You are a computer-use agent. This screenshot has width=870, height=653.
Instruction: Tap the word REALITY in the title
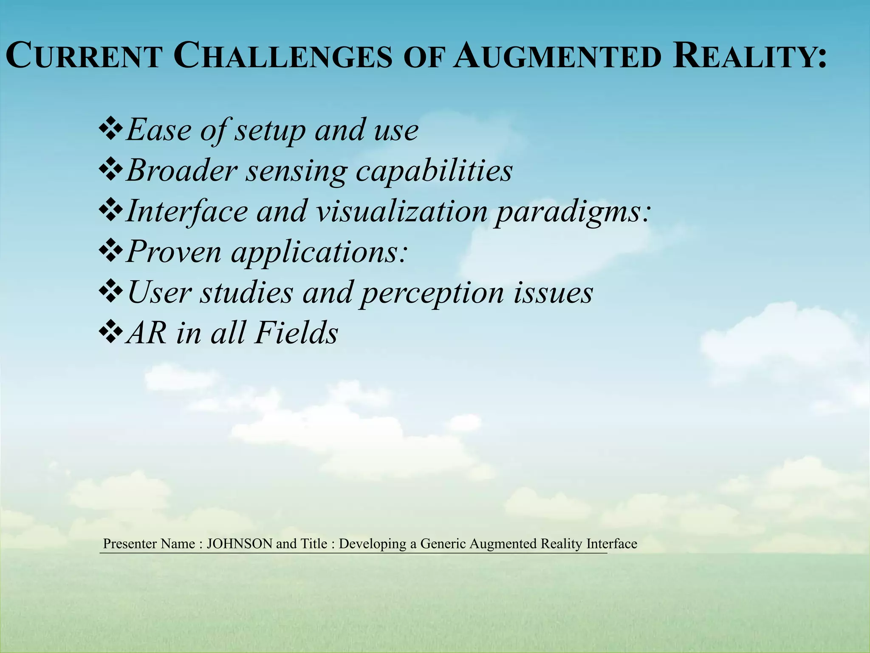coord(750,57)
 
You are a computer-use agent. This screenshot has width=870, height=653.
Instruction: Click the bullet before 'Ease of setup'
coord(110,130)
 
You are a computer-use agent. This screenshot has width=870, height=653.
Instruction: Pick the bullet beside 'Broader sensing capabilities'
coord(110,170)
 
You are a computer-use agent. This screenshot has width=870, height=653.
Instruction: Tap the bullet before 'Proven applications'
coord(110,251)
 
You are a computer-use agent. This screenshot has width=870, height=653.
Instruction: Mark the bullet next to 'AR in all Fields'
coord(110,332)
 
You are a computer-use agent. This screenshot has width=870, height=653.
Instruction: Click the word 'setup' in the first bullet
coord(270,131)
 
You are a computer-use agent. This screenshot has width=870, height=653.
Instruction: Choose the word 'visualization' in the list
coord(401,211)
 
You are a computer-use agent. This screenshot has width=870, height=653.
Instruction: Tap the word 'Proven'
coord(174,252)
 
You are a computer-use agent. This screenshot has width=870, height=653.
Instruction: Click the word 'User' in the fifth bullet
coord(159,292)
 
